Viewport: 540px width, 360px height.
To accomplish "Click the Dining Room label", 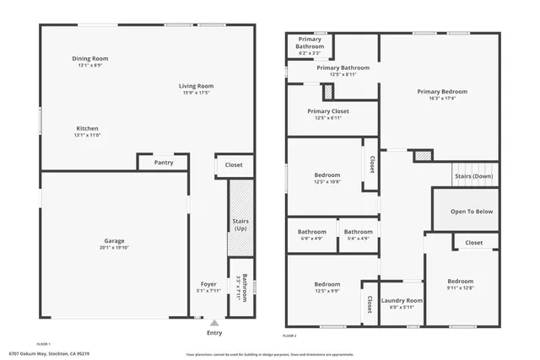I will coord(89,59).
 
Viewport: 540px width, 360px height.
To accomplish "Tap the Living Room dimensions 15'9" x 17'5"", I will coord(196,92).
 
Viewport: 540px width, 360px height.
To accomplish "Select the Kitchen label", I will coord(89,128).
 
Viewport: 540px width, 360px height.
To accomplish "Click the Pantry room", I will coord(164,162).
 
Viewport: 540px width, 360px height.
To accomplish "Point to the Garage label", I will coord(114,240).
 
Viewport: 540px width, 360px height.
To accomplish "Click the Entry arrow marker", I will coord(214,322).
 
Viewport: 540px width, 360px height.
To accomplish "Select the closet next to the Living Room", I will coord(234,165).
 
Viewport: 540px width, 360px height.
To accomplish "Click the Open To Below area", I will coord(472,212).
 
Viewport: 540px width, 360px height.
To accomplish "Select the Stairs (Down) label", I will coord(473,176).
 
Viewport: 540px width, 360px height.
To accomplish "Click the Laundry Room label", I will coord(402,300).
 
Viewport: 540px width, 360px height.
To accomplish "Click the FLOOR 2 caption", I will coord(290,336).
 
